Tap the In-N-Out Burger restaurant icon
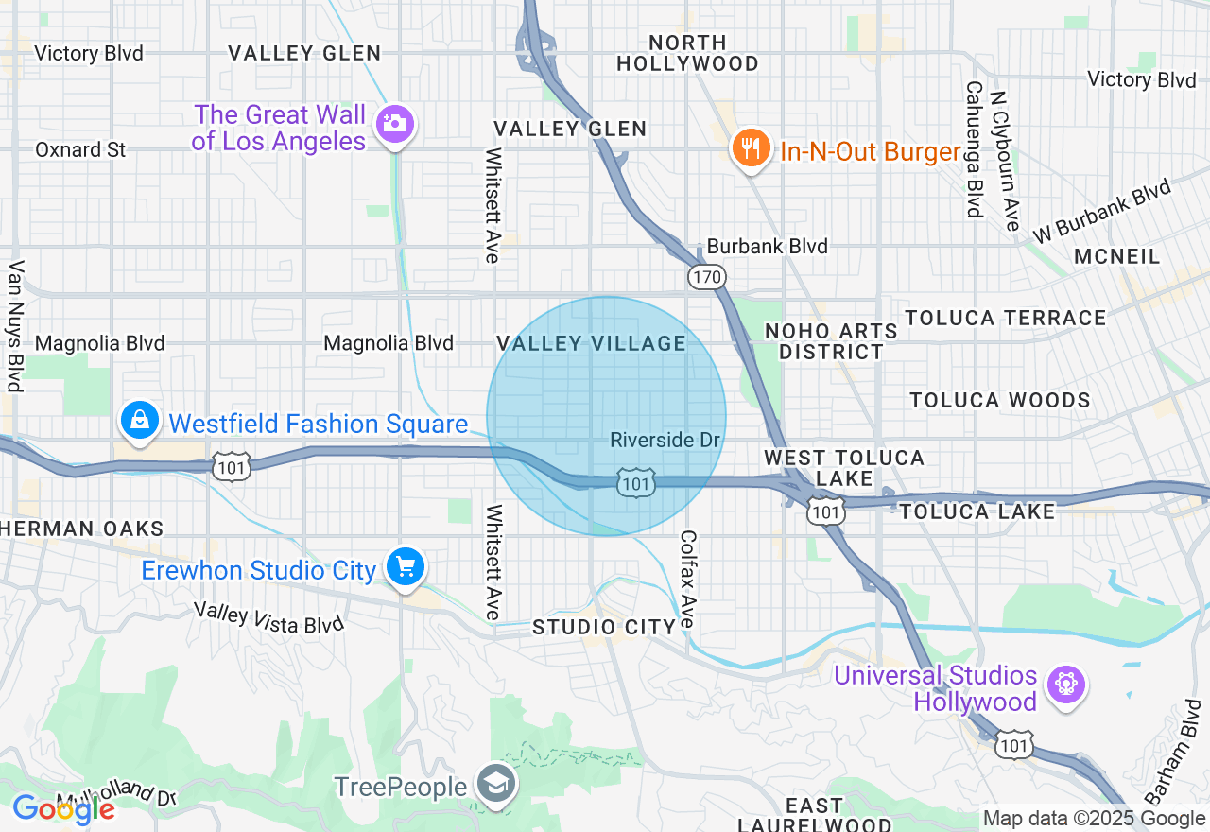(750, 148)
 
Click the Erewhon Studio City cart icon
(406, 567)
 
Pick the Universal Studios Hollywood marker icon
(1066, 684)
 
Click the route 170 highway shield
(706, 277)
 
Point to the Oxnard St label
(80, 149)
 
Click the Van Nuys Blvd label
(14, 326)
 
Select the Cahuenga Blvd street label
(973, 148)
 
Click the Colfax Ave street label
(687, 578)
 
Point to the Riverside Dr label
(665, 440)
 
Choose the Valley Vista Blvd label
(268, 618)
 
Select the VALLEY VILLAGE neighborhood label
(592, 343)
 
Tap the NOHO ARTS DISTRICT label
(831, 341)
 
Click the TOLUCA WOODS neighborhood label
(1000, 400)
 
